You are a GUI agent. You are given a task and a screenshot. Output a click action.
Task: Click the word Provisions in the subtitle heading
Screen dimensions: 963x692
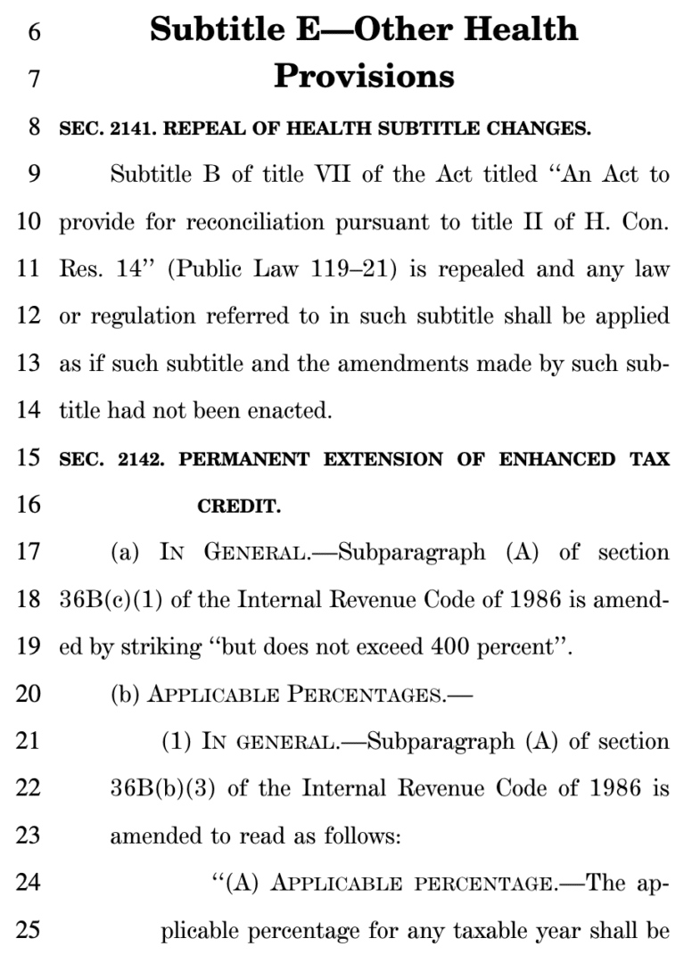point(364,77)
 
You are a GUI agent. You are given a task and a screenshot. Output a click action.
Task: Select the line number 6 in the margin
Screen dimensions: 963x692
point(34,30)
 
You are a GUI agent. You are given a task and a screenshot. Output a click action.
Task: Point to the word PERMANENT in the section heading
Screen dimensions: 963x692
point(243,460)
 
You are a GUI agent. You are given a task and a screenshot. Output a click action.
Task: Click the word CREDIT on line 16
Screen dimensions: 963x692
point(238,508)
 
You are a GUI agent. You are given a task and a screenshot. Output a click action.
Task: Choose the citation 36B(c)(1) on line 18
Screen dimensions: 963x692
point(111,601)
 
